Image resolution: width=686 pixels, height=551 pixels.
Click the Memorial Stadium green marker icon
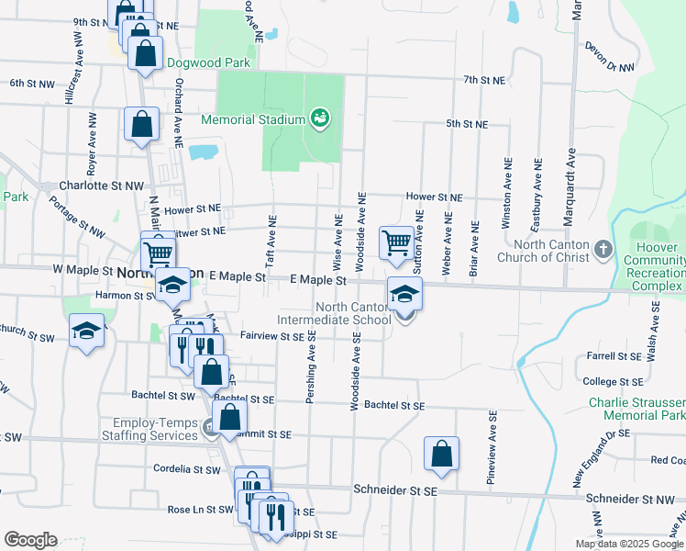pyautogui.click(x=320, y=118)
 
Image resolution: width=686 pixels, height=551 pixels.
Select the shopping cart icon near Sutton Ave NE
pyautogui.click(x=395, y=243)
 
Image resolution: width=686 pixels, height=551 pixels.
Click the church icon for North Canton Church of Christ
pyautogui.click(x=603, y=249)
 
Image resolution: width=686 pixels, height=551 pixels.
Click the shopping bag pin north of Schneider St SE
pyautogui.click(x=441, y=454)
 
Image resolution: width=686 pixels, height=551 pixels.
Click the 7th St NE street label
pyautogui.click(x=484, y=81)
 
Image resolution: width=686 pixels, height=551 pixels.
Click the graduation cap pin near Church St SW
pyautogui.click(x=86, y=330)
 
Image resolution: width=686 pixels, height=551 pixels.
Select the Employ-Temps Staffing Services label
pyautogui.click(x=155, y=429)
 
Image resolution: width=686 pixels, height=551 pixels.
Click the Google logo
pyautogui.click(x=30, y=540)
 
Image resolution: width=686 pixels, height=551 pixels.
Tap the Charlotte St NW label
pyautogui.click(x=101, y=186)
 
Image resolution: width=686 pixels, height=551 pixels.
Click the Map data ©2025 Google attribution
pyautogui.click(x=628, y=544)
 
